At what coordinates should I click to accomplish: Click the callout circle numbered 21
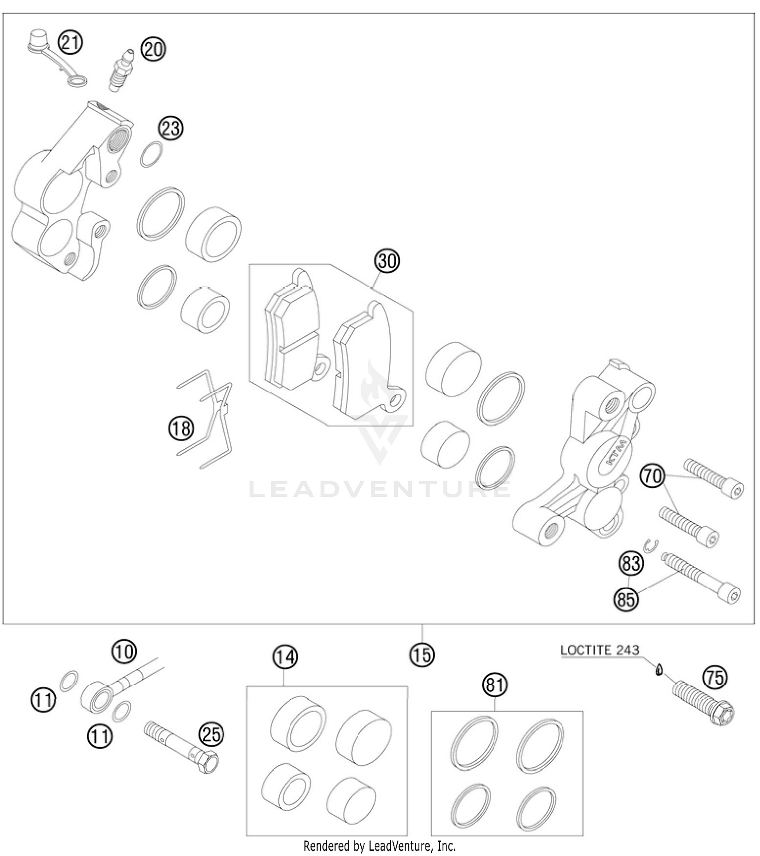point(70,42)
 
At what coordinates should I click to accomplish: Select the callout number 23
point(171,128)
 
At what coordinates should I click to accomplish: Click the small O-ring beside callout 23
point(151,154)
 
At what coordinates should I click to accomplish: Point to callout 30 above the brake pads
point(387,261)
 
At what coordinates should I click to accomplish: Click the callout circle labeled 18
point(181,429)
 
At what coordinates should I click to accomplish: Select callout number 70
point(653,477)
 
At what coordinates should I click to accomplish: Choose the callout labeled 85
point(626,600)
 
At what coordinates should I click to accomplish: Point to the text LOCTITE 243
point(600,650)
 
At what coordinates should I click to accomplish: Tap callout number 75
point(715,677)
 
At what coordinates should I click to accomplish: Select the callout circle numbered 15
point(422,655)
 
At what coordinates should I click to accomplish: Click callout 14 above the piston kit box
point(285,657)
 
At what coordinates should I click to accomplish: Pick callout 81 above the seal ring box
point(495,685)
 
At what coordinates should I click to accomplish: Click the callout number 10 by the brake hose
point(124,650)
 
